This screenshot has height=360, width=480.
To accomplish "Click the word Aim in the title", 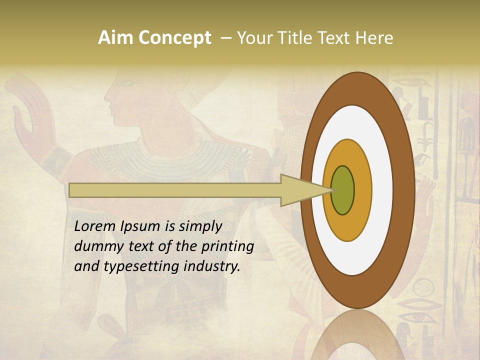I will (116, 38).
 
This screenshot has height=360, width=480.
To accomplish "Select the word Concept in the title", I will (174, 38).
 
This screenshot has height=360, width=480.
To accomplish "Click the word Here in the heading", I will (374, 38).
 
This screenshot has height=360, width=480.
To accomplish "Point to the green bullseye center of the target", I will (343, 190).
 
